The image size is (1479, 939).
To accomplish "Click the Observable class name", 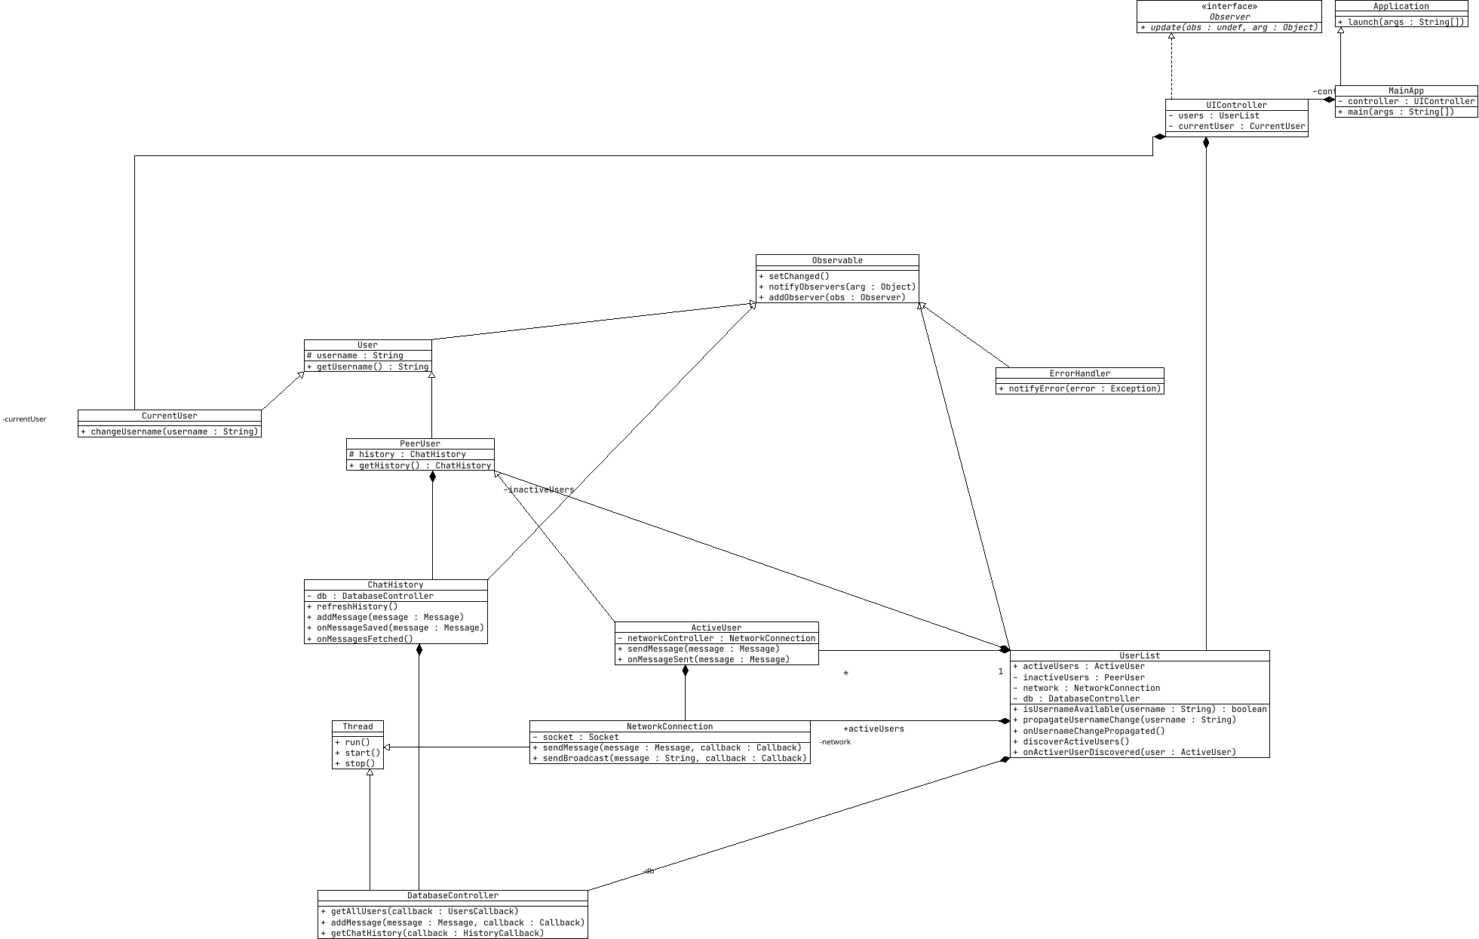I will (837, 261).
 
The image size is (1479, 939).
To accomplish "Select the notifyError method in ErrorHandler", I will (1079, 389).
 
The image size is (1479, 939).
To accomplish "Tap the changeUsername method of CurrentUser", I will (170, 432).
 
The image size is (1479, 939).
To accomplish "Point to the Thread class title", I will (357, 727).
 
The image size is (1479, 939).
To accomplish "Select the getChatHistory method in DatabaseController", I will (432, 934).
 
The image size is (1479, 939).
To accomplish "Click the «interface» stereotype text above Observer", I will (1229, 7).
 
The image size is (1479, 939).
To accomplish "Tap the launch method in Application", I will (1401, 23).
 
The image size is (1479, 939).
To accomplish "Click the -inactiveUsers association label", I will (539, 490).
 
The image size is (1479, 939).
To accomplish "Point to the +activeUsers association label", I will (873, 729).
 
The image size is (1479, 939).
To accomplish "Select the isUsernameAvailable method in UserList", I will (1140, 710).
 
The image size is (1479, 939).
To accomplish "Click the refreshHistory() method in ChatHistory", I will (352, 607).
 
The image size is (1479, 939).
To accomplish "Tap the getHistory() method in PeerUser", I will (420, 466).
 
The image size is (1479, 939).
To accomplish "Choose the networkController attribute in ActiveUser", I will (716, 639).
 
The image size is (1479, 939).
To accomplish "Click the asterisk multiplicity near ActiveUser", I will (846, 674).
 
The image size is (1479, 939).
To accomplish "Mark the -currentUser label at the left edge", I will (24, 419).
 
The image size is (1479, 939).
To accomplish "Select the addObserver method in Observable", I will (833, 298).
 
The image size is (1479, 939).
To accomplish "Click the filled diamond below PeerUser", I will (432, 477).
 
